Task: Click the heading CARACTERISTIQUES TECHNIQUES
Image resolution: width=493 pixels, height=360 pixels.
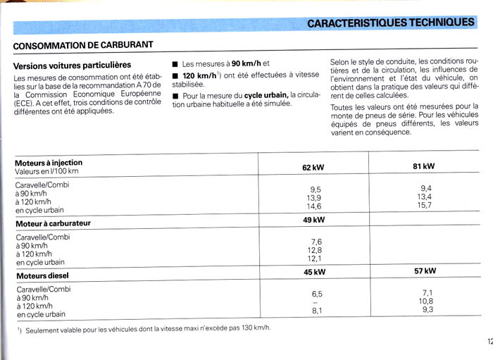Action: (390, 23)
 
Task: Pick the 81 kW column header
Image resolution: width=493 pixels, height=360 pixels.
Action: (424, 166)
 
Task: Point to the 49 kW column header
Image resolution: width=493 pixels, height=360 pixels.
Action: (313, 220)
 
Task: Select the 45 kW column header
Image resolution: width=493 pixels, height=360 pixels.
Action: (313, 272)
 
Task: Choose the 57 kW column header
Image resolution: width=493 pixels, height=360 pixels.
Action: (425, 271)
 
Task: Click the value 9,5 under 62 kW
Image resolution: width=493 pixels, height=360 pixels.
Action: (315, 190)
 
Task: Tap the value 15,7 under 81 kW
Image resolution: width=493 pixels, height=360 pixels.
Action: (425, 205)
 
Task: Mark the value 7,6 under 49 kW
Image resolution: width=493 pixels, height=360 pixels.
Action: (315, 242)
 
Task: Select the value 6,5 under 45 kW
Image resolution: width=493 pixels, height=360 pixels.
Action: (316, 294)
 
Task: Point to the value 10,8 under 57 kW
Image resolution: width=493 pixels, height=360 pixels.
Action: (425, 301)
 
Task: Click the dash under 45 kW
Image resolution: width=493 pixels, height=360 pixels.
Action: (316, 302)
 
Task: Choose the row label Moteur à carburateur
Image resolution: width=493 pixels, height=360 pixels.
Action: (53, 223)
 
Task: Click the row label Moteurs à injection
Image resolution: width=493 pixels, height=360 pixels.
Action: (48, 163)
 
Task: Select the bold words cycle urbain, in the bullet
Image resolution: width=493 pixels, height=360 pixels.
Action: (267, 95)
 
